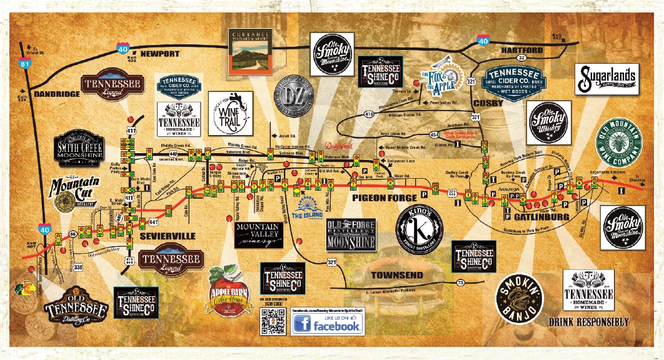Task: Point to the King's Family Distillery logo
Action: (420, 225)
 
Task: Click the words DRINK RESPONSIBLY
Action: (588, 322)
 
